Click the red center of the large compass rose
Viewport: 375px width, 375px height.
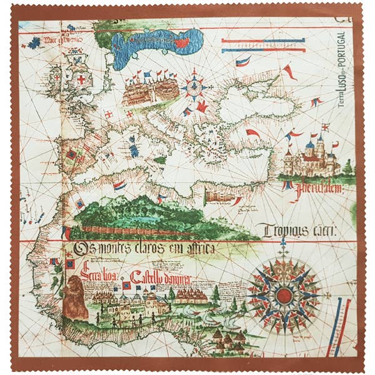pos(284,293)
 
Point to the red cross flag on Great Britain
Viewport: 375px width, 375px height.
pos(80,80)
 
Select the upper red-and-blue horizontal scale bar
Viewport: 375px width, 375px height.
pos(263,41)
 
